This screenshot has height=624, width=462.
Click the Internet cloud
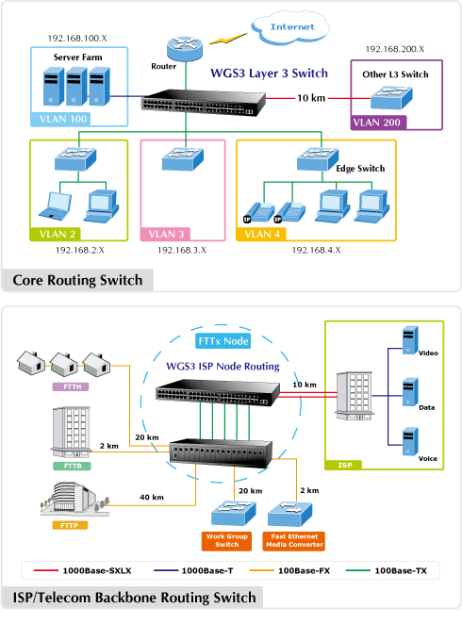[x=290, y=27]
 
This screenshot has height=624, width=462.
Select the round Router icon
[x=185, y=49]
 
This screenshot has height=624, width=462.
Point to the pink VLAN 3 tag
[x=165, y=234]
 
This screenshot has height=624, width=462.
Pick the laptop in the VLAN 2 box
[x=56, y=205]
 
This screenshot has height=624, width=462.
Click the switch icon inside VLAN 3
[x=183, y=159]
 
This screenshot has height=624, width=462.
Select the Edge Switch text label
[x=360, y=169]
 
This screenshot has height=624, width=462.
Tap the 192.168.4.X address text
[x=317, y=250]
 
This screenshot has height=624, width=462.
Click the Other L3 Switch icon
[x=391, y=98]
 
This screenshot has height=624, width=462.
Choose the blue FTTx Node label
[x=223, y=341]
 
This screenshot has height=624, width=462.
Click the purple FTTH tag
[x=71, y=386]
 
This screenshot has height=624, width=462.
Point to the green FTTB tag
[x=72, y=466]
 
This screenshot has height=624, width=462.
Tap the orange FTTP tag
[x=70, y=525]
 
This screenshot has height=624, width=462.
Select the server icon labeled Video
[x=410, y=340]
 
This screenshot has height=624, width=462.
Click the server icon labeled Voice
[x=410, y=441]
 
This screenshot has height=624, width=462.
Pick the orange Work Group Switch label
[x=226, y=541]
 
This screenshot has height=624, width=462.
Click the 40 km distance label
[x=152, y=497]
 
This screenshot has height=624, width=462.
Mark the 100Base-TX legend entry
[x=387, y=570]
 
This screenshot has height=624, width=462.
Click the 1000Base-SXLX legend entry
[x=82, y=570]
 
